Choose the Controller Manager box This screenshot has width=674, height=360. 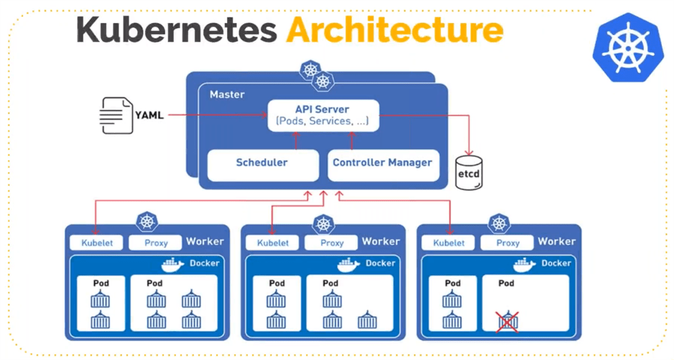pyautogui.click(x=382, y=163)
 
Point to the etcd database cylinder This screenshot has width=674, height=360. pyautogui.click(x=469, y=172)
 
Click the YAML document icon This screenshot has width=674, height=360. pyautogui.click(x=116, y=115)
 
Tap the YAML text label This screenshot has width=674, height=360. pyautogui.click(x=149, y=115)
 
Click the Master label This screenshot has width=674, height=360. pyautogui.click(x=227, y=95)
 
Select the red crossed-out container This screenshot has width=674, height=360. pyautogui.click(x=507, y=321)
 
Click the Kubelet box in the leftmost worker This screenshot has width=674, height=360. pyautogui.click(x=97, y=243)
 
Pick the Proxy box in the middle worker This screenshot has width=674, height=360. pyautogui.click(x=332, y=243)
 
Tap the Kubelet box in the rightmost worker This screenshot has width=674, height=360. pyautogui.click(x=450, y=243)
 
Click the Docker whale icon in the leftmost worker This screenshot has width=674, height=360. pyautogui.click(x=173, y=265)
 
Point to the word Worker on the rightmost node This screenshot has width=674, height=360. pyautogui.click(x=556, y=242)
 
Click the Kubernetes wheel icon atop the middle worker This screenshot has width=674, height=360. pyautogui.click(x=323, y=224)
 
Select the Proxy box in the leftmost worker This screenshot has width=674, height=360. pyautogui.click(x=155, y=243)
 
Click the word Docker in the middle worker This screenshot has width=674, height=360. pyautogui.click(x=380, y=263)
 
